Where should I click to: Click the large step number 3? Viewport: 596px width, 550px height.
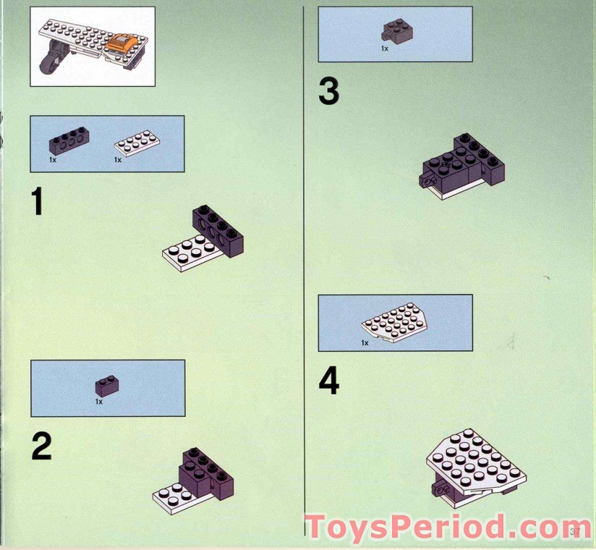tap(328, 93)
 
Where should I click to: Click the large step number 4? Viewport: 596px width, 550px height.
tap(329, 381)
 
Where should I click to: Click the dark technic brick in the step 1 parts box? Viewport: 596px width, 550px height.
tap(69, 140)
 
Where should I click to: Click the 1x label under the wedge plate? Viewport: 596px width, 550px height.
tap(365, 342)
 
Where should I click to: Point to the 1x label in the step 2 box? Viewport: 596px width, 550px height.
tap(99, 401)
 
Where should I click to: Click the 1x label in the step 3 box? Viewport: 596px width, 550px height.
tap(385, 48)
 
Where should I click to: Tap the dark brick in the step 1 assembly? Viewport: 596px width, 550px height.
tap(218, 230)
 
